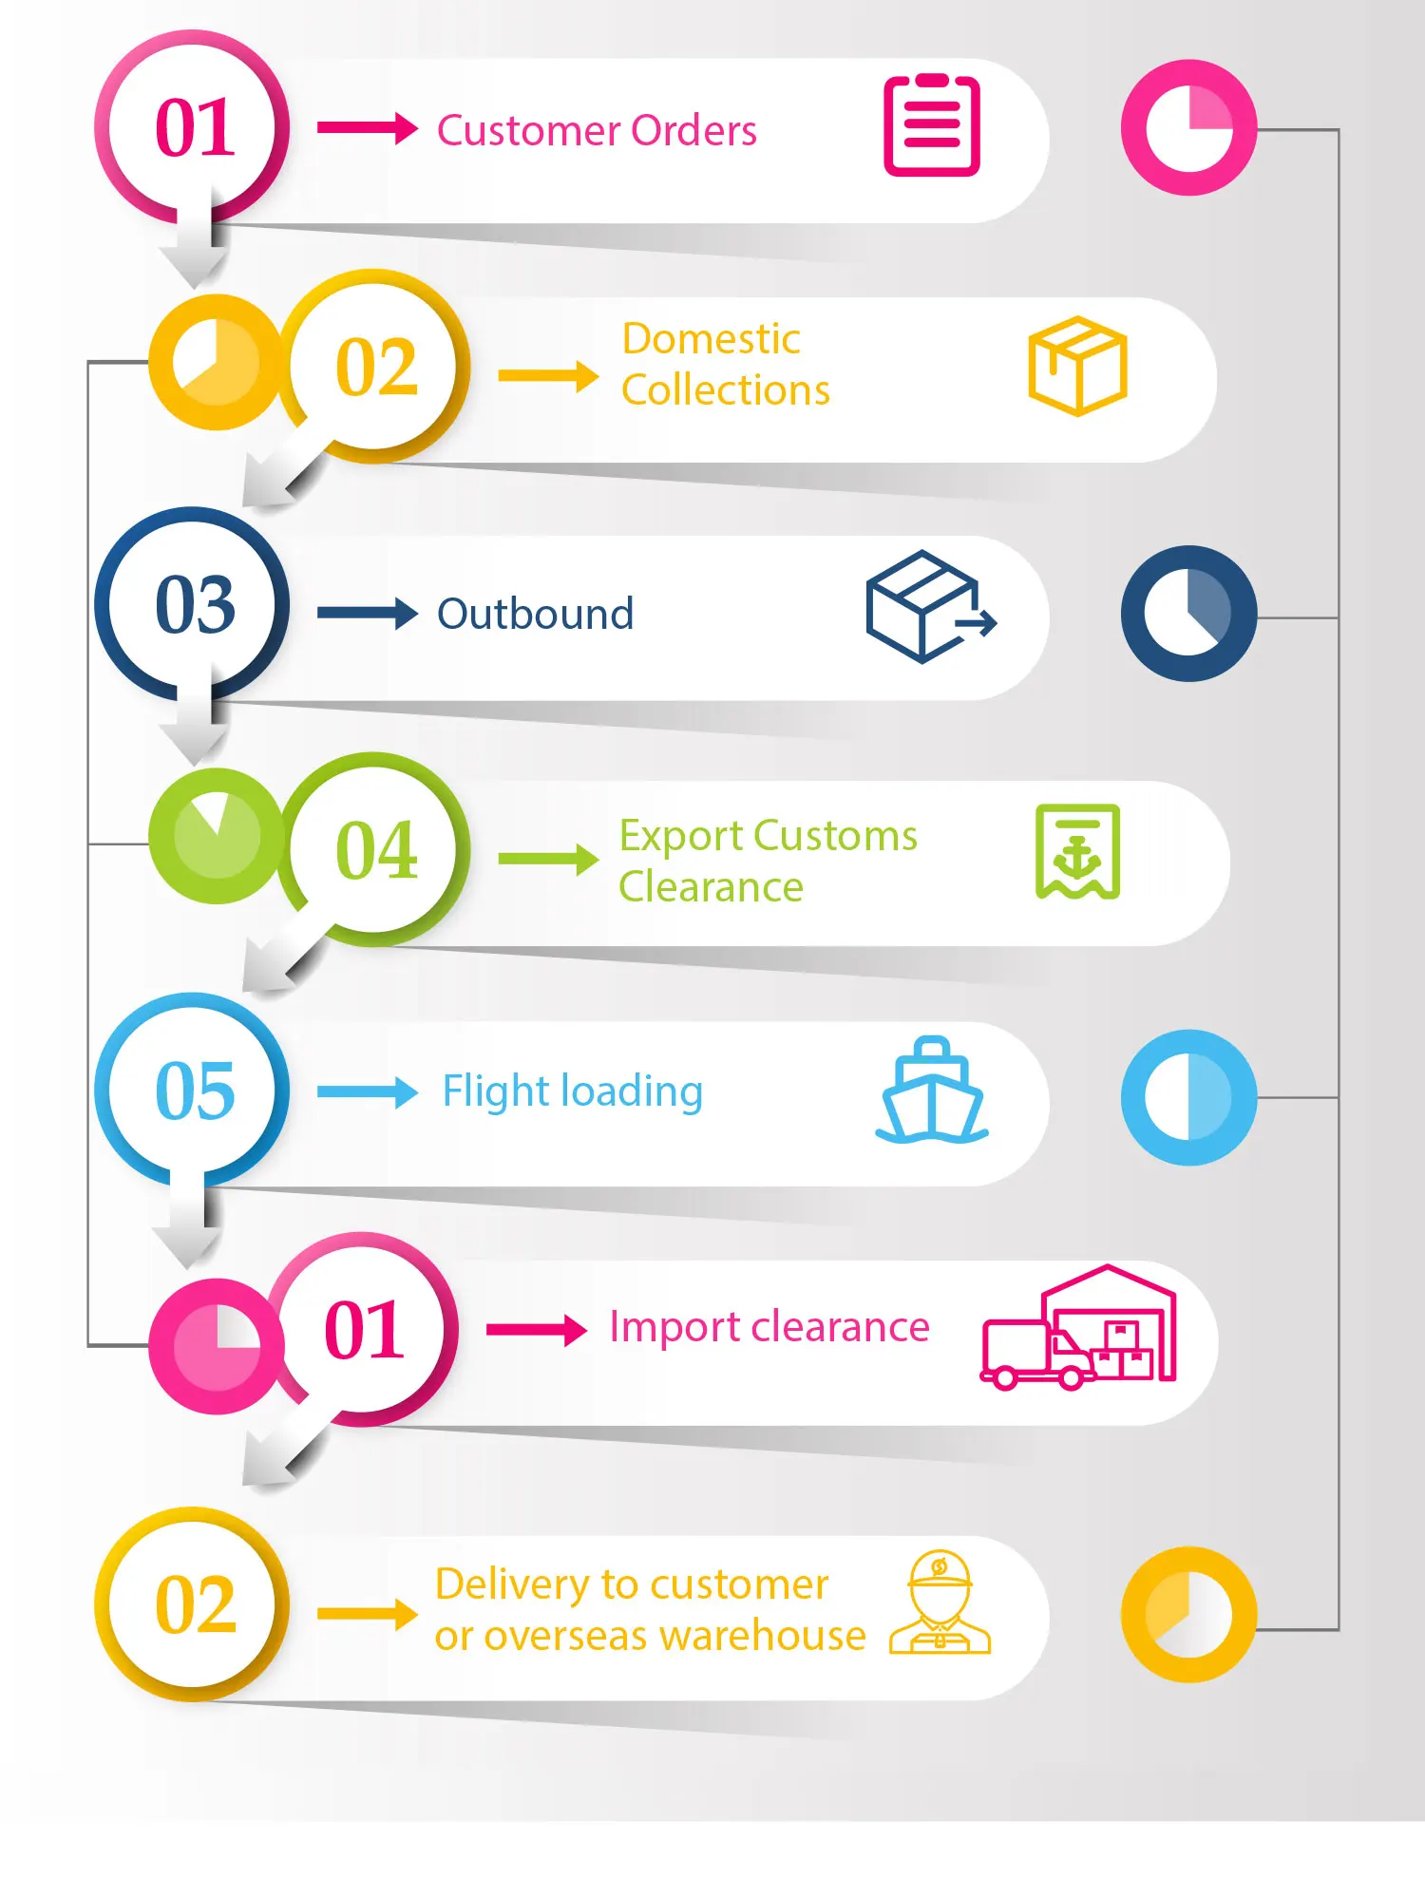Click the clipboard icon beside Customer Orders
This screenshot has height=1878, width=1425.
pyautogui.click(x=931, y=126)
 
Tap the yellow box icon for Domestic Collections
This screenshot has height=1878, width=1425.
pyautogui.click(x=1077, y=366)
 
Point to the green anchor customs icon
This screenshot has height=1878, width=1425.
pyautogui.click(x=1077, y=852)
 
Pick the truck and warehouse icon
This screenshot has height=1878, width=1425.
pyautogui.click(x=1078, y=1328)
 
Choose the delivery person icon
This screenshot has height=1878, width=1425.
pyautogui.click(x=940, y=1603)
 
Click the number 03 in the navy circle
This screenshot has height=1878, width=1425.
pyautogui.click(x=195, y=605)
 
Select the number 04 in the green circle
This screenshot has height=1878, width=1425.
pyautogui.click(x=376, y=851)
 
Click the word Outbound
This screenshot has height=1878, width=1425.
pyautogui.click(x=535, y=615)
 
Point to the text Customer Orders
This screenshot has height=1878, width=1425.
pyautogui.click(x=597, y=131)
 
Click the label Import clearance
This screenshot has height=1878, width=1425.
pyautogui.click(x=769, y=1327)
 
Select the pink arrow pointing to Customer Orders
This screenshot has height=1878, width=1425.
pyautogui.click(x=367, y=127)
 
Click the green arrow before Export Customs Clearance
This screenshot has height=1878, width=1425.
pyautogui.click(x=547, y=859)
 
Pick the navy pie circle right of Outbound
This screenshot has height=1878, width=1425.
pyautogui.click(x=1188, y=614)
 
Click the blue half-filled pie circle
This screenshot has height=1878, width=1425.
pyautogui.click(x=1188, y=1097)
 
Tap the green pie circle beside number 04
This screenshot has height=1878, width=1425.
pyautogui.click(x=217, y=836)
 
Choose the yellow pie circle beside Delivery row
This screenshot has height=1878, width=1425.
pyautogui.click(x=1188, y=1615)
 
